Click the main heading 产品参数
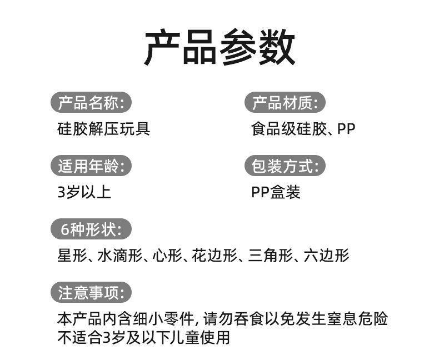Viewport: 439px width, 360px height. pos(219,48)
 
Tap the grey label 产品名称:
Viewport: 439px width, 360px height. pos(92,103)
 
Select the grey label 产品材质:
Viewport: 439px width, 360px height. pos(285,103)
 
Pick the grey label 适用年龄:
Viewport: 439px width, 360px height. pos(92,166)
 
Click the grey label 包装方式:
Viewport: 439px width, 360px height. pos(285,166)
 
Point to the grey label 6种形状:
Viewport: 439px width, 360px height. pos(92,229)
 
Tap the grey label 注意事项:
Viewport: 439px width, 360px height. pos(92,292)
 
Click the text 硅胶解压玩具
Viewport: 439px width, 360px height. pos(104,129)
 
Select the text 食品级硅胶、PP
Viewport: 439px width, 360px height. pos(303,129)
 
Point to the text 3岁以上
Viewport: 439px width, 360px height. pos(84,192)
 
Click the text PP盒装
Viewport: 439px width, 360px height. pos(276,192)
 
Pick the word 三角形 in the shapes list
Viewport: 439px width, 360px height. pos(269,256)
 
